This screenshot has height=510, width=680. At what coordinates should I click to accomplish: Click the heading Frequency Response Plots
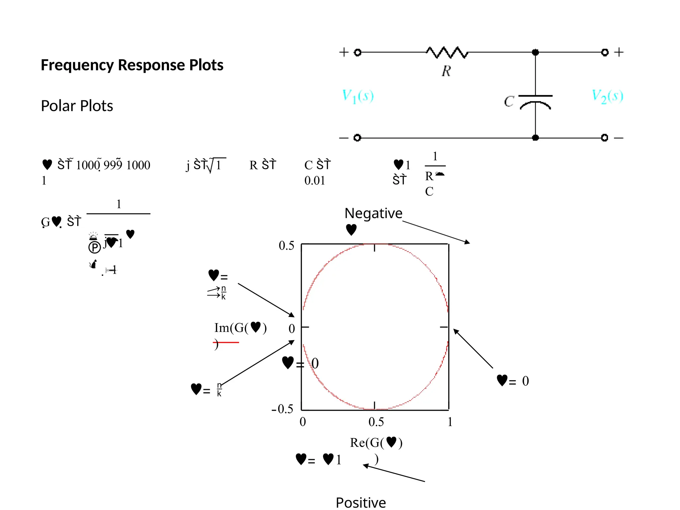click(x=132, y=65)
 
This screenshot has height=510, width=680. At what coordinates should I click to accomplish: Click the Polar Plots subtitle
click(x=77, y=106)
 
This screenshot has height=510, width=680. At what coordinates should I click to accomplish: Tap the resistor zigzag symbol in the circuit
click(x=447, y=52)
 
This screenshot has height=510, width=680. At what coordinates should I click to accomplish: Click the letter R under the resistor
click(x=446, y=71)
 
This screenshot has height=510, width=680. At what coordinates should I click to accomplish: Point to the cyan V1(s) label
click(x=358, y=96)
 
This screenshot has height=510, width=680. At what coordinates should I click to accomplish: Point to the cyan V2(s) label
click(x=607, y=96)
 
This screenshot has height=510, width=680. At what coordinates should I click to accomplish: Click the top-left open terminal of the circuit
click(x=357, y=52)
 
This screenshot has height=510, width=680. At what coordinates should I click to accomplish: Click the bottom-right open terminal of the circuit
click(x=605, y=137)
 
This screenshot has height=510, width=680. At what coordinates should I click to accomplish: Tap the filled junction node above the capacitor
click(x=535, y=52)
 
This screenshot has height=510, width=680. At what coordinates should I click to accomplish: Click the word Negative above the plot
click(x=373, y=213)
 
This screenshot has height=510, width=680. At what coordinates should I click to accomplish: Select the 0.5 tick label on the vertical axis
click(x=286, y=246)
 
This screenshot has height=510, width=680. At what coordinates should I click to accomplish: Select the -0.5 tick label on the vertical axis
click(x=282, y=409)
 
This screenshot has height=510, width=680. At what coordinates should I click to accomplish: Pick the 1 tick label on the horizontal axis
click(x=450, y=422)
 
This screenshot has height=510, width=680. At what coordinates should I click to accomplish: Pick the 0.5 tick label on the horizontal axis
click(x=376, y=422)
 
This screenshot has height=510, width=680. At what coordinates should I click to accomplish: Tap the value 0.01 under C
click(x=314, y=181)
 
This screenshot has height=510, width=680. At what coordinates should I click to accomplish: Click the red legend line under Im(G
click(x=226, y=342)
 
